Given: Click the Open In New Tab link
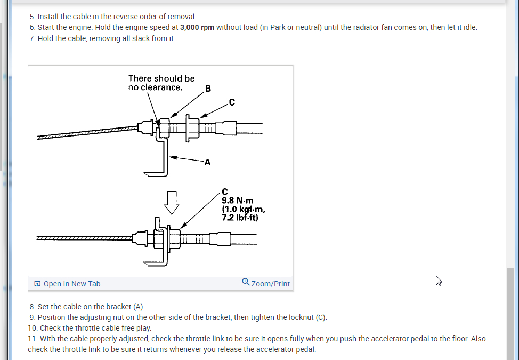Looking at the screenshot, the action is coord(71,284).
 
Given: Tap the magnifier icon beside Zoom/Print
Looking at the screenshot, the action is coord(246,282).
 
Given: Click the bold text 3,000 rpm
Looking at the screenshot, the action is coord(197,27).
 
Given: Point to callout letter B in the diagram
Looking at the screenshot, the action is coord(208,89).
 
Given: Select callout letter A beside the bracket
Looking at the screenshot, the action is coord(207,163).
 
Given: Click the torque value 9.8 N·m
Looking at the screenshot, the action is coord(233,201).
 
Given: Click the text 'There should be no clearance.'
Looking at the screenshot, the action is coord(161,83).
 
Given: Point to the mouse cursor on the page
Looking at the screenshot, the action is coord(439,281).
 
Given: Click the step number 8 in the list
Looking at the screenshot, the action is coord(32,307).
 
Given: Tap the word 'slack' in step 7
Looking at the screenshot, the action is coord(140,38).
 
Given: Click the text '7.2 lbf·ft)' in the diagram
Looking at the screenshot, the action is coord(240,218).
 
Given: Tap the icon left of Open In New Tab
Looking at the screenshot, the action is coord(37,284).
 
